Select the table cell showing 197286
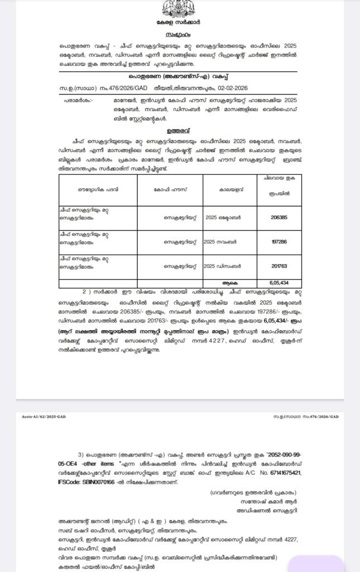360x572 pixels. [x=280, y=242]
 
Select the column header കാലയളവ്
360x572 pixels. [x=229, y=189]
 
